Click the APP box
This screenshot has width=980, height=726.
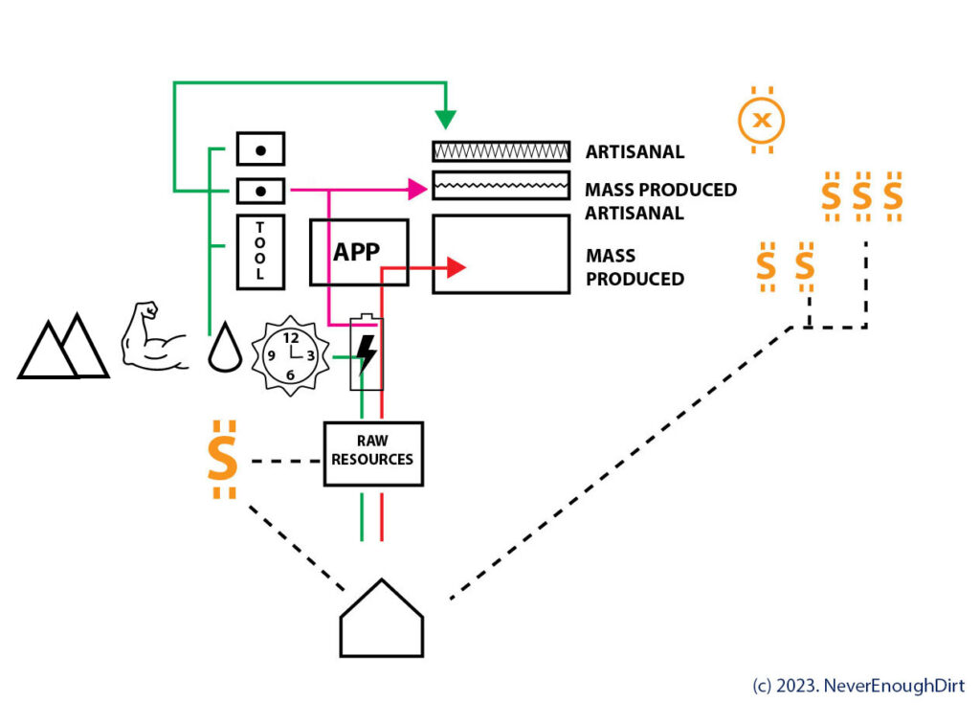[359, 252]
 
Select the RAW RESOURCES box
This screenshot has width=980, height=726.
[372, 452]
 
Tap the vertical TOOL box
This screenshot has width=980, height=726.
[260, 251]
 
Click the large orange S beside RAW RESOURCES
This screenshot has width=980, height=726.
[222, 460]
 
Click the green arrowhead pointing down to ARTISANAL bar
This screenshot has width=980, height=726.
[445, 120]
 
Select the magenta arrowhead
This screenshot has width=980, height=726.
[417, 190]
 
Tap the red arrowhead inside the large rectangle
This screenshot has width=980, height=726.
[456, 268]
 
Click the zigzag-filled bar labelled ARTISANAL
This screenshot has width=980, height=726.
[501, 151]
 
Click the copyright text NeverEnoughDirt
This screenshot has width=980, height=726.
[858, 686]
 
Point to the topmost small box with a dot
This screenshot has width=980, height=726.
[260, 149]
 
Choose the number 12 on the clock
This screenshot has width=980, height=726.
[291, 337]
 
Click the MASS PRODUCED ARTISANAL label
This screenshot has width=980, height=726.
[660, 201]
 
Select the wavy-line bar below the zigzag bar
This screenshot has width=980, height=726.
[501, 185]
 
